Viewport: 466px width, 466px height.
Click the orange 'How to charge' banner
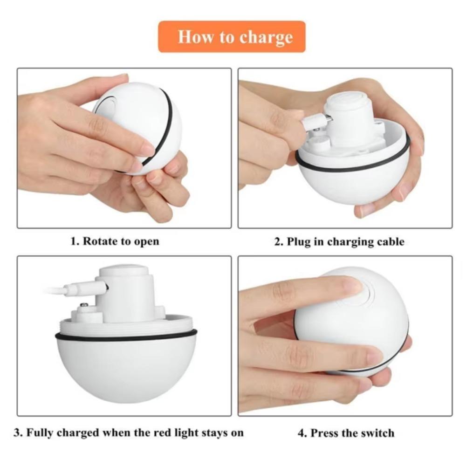pyautogui.click(x=232, y=37)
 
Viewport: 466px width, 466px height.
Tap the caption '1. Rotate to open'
pyautogui.click(x=115, y=241)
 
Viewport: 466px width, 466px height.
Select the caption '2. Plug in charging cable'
pyautogui.click(x=339, y=241)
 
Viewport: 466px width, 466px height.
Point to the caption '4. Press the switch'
pyautogui.click(x=346, y=433)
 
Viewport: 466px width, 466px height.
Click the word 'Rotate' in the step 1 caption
pyautogui.click(x=100, y=241)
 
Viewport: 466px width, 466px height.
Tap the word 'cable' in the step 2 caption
pyautogui.click(x=390, y=241)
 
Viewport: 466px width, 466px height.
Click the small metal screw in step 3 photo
pyautogui.click(x=85, y=306)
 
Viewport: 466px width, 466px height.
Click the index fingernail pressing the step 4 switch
pyautogui.click(x=350, y=285)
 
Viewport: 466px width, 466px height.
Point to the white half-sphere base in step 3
pyautogui.click(x=126, y=368)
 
